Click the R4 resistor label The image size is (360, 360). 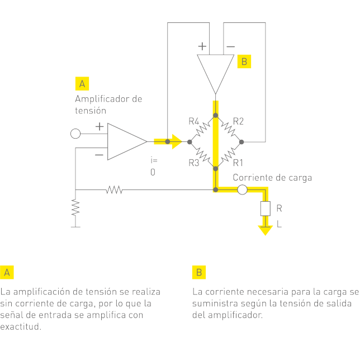(194, 121)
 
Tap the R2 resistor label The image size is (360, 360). (238, 121)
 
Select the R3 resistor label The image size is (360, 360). (194, 163)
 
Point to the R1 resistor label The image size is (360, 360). (238, 163)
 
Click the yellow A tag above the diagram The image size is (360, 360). (82, 84)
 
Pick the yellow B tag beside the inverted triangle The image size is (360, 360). (244, 61)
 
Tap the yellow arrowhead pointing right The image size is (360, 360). (177, 141)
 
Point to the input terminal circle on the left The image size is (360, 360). (75, 134)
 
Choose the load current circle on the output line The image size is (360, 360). (242, 190)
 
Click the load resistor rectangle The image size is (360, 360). (264, 209)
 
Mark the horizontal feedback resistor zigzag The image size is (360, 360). (114, 190)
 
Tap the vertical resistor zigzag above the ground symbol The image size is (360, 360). (75, 208)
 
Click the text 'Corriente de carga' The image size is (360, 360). (272, 178)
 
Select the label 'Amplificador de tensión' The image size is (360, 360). (108, 105)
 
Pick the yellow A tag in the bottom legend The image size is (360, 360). (7, 272)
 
